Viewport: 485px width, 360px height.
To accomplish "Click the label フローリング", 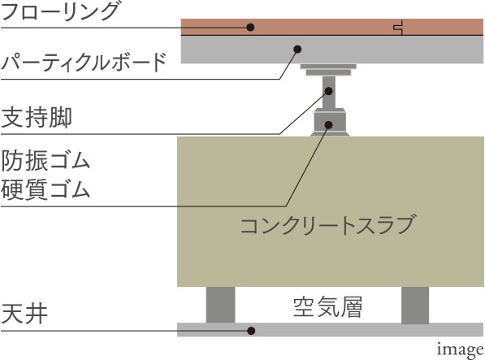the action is pos(59,11).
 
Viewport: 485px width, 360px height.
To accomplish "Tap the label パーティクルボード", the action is pos(84,62).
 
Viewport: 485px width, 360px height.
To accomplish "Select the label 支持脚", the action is pos(37,118).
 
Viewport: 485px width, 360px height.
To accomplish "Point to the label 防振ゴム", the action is pos(45,161).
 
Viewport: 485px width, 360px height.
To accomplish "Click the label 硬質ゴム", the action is pos(45,189).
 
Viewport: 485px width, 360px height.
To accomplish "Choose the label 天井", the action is pos(24,314).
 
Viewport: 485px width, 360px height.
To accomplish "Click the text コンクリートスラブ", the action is pos(327,225).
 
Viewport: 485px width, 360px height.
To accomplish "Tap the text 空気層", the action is pos(327,307).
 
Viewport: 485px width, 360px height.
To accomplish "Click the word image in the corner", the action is pos(460,350).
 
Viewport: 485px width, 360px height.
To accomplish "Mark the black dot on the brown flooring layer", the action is pos(250,27).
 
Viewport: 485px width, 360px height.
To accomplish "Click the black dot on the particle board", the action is pos(297,49).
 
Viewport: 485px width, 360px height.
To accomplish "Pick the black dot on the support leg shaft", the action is pos(328,91).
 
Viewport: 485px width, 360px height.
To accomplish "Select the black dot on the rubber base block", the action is pos(328,124).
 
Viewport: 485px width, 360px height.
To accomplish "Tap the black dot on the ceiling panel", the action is pos(251,331).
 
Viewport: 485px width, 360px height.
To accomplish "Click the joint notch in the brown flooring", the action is pos(398,28).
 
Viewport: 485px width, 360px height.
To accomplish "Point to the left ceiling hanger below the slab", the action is pos(220,305).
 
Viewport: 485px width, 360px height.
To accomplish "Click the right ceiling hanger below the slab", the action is pos(415,306).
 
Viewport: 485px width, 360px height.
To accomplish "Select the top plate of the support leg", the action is pos(328,70).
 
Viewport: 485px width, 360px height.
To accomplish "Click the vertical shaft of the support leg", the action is pos(328,92).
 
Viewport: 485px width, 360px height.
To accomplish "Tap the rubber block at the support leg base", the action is pos(330,122).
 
